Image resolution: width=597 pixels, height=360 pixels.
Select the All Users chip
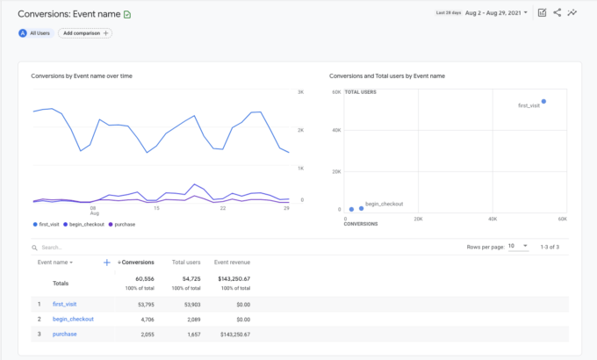click(35, 32)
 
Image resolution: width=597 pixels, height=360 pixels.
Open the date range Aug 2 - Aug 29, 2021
click(497, 12)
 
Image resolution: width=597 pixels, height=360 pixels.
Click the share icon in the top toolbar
click(557, 12)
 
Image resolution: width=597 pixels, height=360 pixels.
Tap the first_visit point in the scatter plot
click(543, 101)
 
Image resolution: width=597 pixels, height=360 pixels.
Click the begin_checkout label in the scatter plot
click(384, 203)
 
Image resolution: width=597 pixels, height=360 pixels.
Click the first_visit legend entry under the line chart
click(47, 224)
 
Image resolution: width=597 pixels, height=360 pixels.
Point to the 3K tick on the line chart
click(300, 92)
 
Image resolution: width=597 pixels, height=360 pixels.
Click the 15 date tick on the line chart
click(156, 208)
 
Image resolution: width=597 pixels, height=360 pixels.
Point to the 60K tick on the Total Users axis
click(336, 92)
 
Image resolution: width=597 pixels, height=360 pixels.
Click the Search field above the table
click(88, 248)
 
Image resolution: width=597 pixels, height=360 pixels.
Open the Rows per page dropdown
click(519, 247)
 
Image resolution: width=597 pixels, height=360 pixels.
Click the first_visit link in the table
click(64, 304)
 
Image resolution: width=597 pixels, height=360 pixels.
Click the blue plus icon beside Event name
click(107, 262)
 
